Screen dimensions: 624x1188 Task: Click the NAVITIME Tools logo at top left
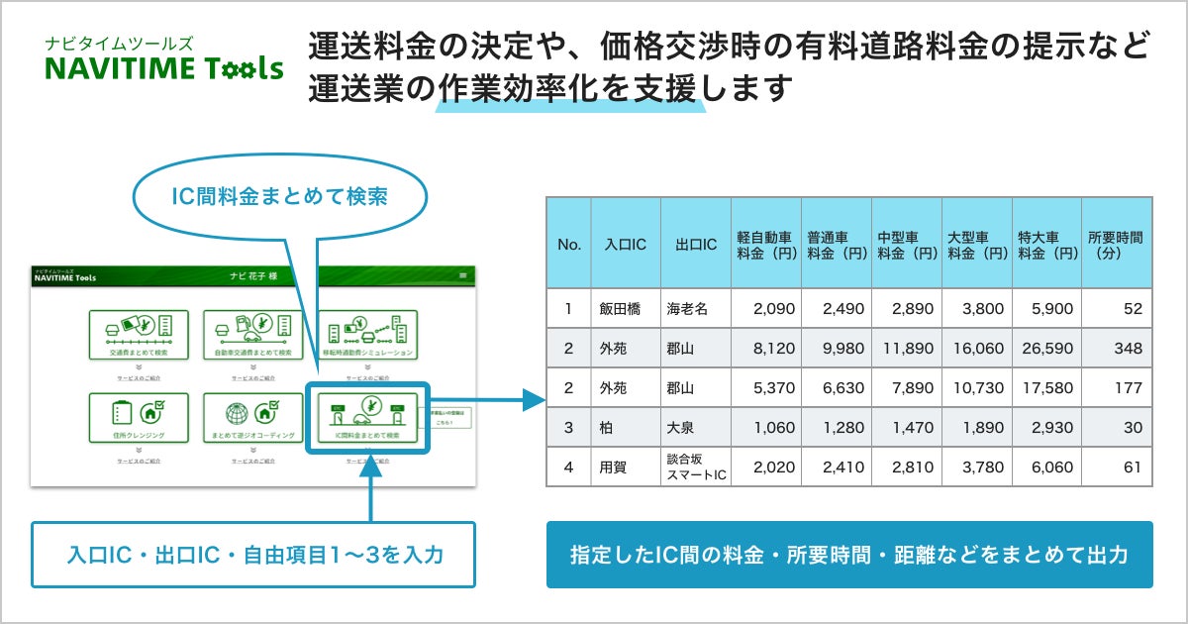(x=164, y=60)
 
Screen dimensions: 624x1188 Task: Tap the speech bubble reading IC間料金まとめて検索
(x=281, y=195)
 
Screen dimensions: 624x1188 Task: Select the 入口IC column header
(x=626, y=244)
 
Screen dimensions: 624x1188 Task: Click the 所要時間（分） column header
(x=1116, y=244)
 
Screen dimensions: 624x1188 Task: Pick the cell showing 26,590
(x=1045, y=349)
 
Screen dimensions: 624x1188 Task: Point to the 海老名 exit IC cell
(x=695, y=309)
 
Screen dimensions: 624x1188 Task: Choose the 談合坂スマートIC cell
(x=695, y=467)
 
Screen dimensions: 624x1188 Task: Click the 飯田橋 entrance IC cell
(x=626, y=309)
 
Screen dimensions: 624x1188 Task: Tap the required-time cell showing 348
(x=1116, y=349)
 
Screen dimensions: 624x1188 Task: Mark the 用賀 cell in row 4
(x=626, y=467)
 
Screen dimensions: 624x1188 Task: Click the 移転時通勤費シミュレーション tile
(x=368, y=335)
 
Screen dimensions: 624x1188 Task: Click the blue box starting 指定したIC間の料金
(x=849, y=555)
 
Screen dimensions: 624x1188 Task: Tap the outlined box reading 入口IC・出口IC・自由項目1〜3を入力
(x=254, y=555)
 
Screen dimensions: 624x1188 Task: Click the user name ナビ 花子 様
(x=252, y=276)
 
